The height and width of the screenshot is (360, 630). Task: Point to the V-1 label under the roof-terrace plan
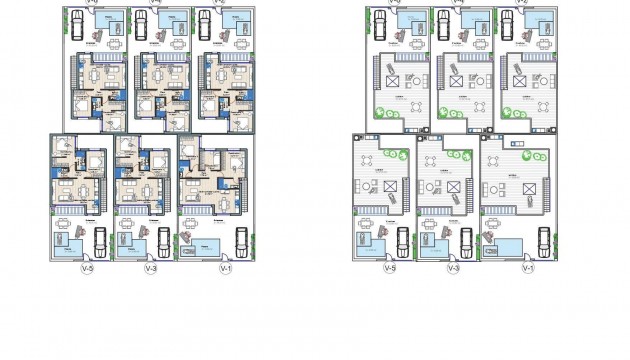527,268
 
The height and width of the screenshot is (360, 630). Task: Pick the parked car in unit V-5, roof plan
400,240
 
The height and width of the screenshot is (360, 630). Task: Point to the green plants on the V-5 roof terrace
396,154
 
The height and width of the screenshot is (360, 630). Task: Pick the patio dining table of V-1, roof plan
493,225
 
